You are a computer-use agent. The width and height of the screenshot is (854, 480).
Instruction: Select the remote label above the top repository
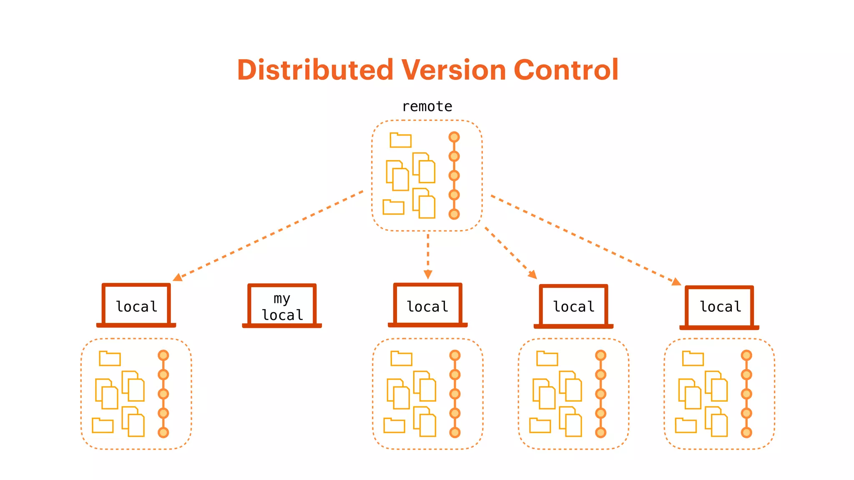[427, 107]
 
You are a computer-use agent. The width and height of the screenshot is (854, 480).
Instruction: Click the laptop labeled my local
[282, 306]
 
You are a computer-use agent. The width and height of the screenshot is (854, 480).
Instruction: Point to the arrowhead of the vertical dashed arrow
[428, 274]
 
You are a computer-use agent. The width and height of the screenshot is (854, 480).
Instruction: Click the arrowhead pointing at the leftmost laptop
[177, 277]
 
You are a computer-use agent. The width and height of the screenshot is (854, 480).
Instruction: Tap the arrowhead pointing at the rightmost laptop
[676, 282]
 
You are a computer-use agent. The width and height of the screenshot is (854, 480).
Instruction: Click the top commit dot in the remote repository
[454, 137]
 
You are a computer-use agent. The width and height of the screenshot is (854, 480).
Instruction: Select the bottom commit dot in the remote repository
[454, 214]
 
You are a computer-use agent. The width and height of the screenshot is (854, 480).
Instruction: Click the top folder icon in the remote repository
[400, 140]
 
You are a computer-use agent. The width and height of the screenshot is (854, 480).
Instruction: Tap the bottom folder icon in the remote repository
[393, 207]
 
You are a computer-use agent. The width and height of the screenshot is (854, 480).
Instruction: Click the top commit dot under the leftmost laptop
[163, 355]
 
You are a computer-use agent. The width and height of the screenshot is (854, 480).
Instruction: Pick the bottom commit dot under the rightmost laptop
[746, 432]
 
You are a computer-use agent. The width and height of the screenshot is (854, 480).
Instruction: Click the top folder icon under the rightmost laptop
[693, 359]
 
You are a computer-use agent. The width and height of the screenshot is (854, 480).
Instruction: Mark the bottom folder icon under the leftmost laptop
[103, 425]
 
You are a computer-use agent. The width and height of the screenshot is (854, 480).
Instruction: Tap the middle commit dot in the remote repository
[454, 175]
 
